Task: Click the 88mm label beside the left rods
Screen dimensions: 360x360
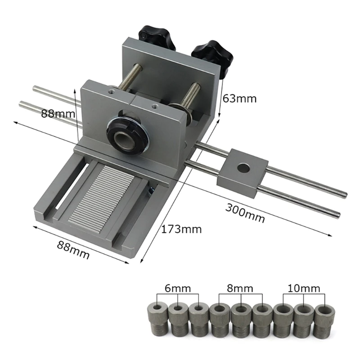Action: [58, 113]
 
